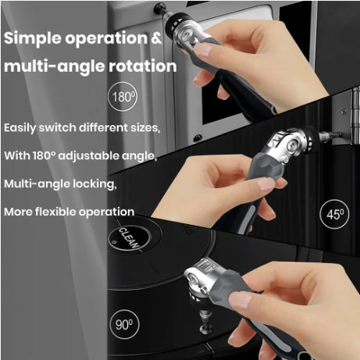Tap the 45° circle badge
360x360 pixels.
[x=335, y=213]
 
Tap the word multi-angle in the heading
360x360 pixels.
[x=52, y=66]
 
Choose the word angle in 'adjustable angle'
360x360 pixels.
[x=141, y=156]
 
